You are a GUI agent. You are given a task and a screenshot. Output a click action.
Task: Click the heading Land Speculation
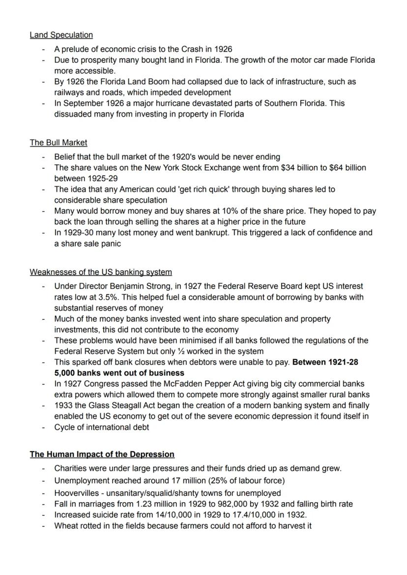coord(61,35)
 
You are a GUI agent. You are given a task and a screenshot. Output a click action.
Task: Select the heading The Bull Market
coord(58,143)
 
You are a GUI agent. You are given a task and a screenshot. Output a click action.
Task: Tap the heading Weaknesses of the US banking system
coord(100,272)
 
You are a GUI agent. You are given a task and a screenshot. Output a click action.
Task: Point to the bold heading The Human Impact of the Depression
coord(102,454)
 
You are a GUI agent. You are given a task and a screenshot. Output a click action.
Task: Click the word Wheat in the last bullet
coord(65,525)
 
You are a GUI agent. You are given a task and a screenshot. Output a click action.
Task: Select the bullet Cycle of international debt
coord(101,427)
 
